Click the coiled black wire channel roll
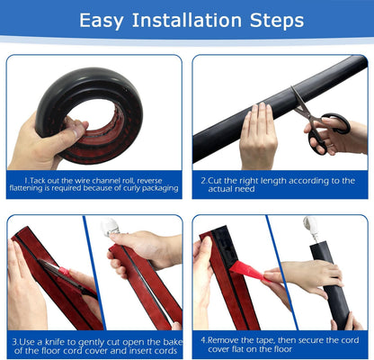click(x=90, y=112)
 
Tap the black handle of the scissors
click(x=334, y=126)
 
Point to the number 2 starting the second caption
click(x=203, y=180)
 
